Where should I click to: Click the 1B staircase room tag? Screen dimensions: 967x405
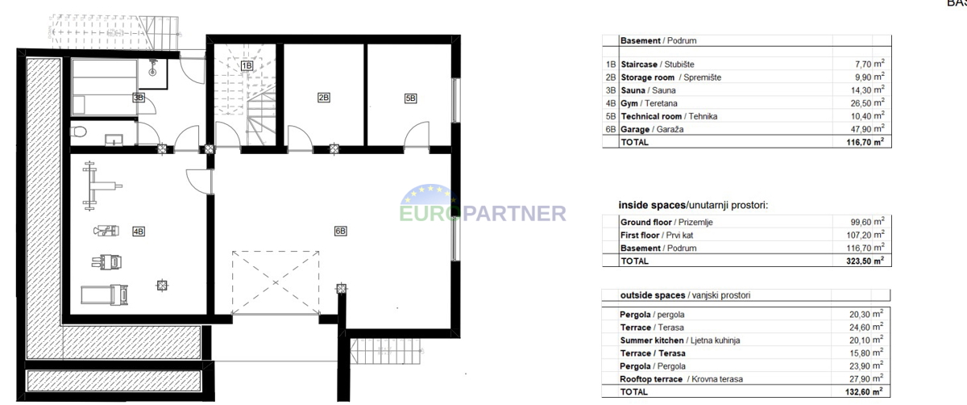click(247, 65)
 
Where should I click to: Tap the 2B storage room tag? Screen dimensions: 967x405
click(324, 98)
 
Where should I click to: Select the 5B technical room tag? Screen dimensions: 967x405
click(410, 98)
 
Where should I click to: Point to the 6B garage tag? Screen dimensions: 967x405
click(341, 231)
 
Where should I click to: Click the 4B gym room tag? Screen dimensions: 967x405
click(139, 232)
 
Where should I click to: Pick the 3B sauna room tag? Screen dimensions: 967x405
click(139, 98)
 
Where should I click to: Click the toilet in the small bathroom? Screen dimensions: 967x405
click(79, 131)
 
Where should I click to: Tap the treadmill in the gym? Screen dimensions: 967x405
click(105, 294)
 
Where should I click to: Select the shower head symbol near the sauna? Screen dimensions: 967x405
click(152, 69)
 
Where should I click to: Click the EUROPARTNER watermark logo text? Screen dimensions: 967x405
click(483, 213)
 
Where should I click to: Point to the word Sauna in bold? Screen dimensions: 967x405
click(633, 90)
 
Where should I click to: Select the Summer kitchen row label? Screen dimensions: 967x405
click(680, 340)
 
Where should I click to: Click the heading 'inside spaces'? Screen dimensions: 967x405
click(652, 205)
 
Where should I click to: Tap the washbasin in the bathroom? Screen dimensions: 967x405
click(114, 140)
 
